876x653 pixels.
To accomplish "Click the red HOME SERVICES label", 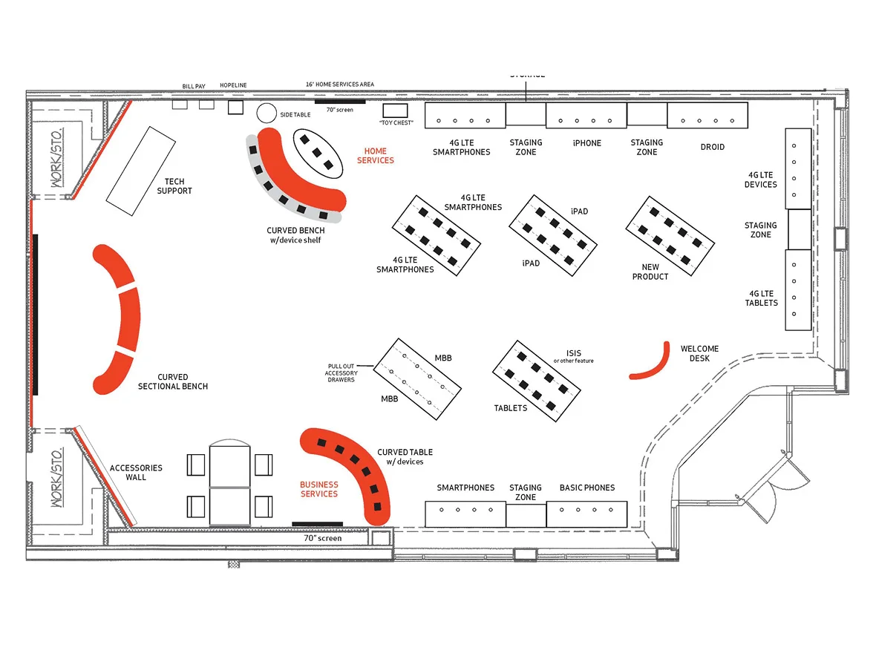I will pyautogui.click(x=376, y=156).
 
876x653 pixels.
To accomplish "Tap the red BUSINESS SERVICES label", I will pyautogui.click(x=318, y=490).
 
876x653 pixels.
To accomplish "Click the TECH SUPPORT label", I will pyautogui.click(x=174, y=186).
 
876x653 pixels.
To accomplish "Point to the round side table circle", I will pyautogui.click(x=267, y=114).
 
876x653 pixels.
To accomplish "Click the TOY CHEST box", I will pyautogui.click(x=390, y=111).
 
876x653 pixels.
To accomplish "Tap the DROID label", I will pyautogui.click(x=712, y=147).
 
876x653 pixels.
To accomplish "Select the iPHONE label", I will pyautogui.click(x=586, y=143).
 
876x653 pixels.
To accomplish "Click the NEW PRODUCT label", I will pyautogui.click(x=650, y=272).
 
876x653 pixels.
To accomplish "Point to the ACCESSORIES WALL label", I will pyautogui.click(x=136, y=473).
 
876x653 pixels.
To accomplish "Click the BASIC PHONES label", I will pyautogui.click(x=587, y=488).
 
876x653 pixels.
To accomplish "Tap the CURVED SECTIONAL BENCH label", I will pyautogui.click(x=173, y=381).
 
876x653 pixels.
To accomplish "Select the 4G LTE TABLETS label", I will pyautogui.click(x=762, y=298).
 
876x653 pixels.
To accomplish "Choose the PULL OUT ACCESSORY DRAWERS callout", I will pyautogui.click(x=342, y=373).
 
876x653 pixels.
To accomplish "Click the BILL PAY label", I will pyautogui.click(x=194, y=87).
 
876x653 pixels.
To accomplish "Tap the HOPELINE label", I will pyautogui.click(x=233, y=86).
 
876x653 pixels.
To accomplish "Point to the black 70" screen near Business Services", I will pyautogui.click(x=317, y=524).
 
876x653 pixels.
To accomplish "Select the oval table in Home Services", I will pyautogui.click(x=318, y=153).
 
